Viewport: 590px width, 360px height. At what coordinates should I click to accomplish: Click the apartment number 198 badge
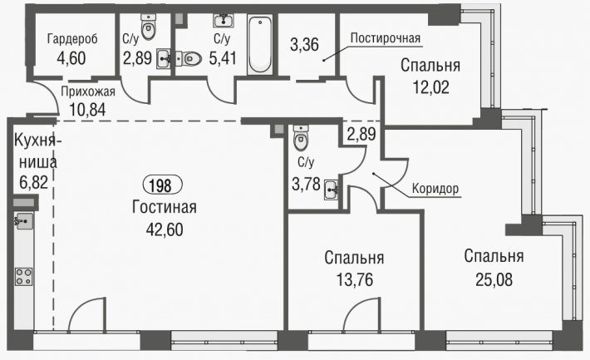pos(163,185)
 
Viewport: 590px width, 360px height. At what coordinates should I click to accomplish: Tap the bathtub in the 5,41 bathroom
pos(260,44)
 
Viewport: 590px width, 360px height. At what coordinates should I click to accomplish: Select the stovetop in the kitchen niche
pos(23,276)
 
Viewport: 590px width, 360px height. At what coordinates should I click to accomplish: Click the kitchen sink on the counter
pos(24,221)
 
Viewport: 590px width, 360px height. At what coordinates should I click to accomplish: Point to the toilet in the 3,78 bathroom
pos(301,138)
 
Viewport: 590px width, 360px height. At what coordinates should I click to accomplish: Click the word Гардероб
pos(72,39)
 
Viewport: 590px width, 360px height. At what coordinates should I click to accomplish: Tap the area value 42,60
pos(165,229)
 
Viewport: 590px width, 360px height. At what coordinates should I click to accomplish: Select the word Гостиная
pos(165,207)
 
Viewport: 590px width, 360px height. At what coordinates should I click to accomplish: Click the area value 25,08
pos(494,280)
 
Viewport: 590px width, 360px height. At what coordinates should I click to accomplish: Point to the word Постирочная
pos(386,38)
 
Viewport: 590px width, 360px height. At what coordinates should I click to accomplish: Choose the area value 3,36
pos(304,44)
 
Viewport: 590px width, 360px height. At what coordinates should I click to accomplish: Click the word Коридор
pos(435,188)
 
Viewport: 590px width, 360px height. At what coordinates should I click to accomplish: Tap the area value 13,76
pos(355,280)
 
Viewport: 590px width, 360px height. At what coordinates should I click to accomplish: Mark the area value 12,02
pos(430,87)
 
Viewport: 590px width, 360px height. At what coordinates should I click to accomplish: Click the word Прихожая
pos(88,91)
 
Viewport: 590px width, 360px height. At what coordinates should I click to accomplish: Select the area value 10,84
pos(87,110)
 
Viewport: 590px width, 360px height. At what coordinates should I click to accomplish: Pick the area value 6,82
pos(33,182)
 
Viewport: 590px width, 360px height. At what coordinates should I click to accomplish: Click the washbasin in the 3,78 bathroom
pos(331,190)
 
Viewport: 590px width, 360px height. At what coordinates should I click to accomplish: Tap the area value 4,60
pos(71,58)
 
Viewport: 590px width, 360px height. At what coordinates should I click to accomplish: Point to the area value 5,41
pos(223,58)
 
